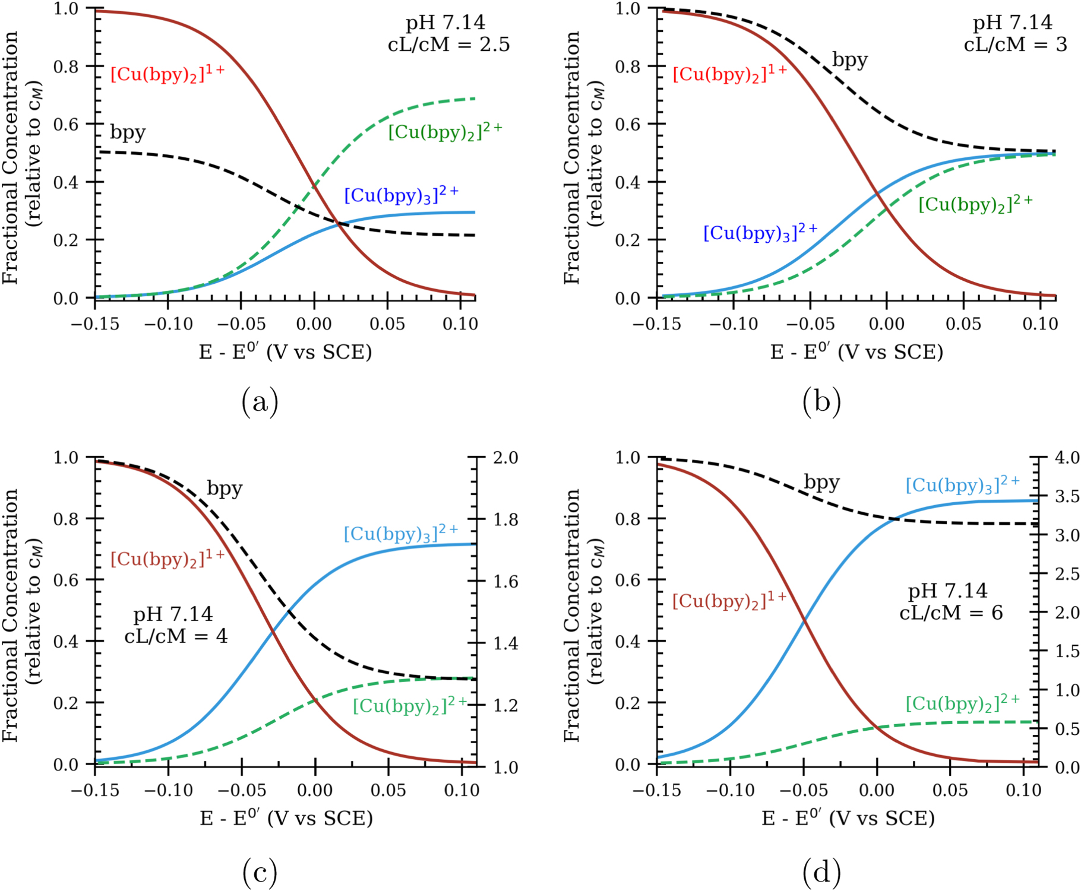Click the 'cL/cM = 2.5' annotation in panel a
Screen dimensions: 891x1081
click(x=448, y=45)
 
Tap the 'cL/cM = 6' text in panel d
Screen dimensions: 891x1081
click(x=951, y=613)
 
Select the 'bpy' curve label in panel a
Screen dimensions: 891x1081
click(x=128, y=132)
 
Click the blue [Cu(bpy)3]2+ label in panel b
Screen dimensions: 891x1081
click(x=760, y=232)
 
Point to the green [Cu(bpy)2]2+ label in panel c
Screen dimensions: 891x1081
click(x=410, y=705)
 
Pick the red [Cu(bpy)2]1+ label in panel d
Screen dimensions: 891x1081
click(x=729, y=600)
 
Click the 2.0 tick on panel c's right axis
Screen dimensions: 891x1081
click(x=505, y=458)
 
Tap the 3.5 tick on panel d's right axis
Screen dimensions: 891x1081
click(x=1067, y=496)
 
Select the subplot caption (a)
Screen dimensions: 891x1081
click(x=260, y=402)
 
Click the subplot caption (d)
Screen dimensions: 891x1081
click(x=821, y=872)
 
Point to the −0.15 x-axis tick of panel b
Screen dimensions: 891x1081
click(x=656, y=324)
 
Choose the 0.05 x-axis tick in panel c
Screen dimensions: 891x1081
click(x=388, y=791)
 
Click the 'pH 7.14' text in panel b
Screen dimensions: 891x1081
click(x=1012, y=23)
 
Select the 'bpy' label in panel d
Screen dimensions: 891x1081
click(x=821, y=482)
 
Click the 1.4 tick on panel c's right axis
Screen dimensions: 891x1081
click(x=505, y=643)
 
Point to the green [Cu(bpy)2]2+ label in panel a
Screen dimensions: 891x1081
click(x=445, y=131)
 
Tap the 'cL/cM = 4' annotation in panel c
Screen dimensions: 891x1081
click(x=176, y=636)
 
